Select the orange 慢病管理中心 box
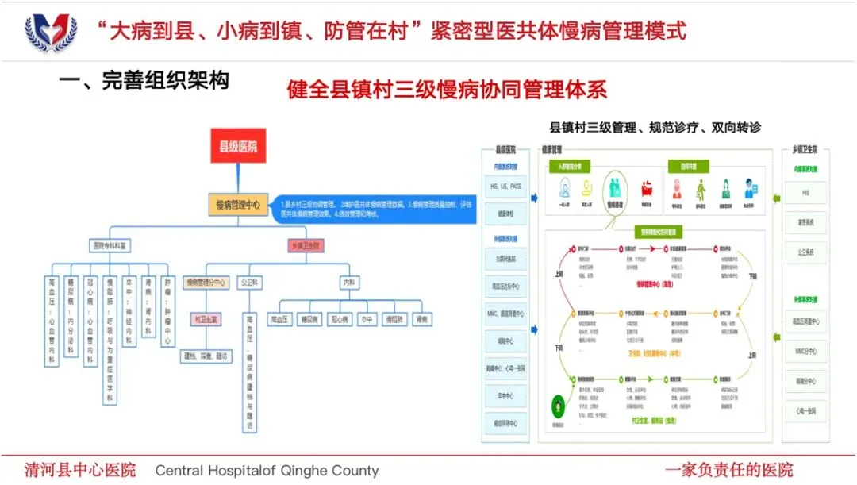click(238, 205)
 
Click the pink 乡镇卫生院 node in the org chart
click(304, 246)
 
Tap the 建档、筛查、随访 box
click(206, 356)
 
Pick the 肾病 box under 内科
click(421, 319)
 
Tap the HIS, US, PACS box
click(505, 187)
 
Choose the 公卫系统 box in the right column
click(805, 252)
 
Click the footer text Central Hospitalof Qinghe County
click(267, 470)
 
